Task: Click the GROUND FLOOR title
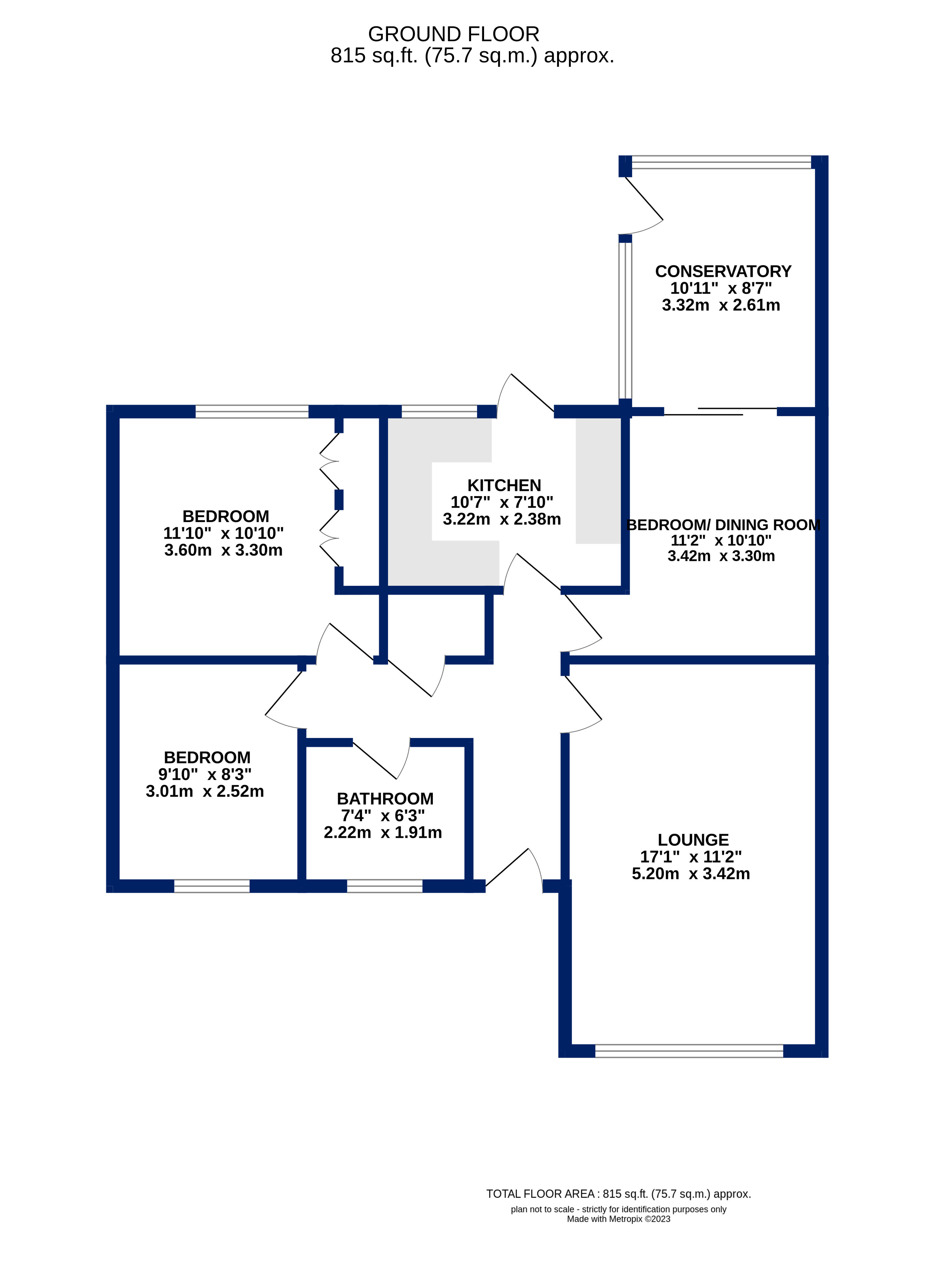[x=453, y=35]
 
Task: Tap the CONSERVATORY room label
[x=723, y=272]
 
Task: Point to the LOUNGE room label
[x=693, y=840]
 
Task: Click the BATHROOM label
[x=385, y=798]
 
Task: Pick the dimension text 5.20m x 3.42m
[x=691, y=874]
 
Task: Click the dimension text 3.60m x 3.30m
[x=223, y=550]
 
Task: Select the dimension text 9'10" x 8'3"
[x=205, y=774]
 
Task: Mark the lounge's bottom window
[x=689, y=1051]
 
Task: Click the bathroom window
[x=384, y=886]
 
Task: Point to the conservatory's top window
[x=721, y=163]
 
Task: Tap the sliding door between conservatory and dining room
[x=721, y=411]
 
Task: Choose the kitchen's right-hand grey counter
[x=598, y=481]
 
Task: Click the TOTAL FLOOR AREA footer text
[x=618, y=1194]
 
